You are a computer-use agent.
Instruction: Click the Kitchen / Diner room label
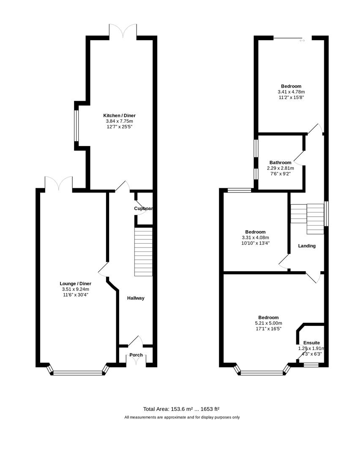tap(120, 116)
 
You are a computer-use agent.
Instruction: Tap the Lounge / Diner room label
tap(75, 284)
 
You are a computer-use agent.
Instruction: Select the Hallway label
tap(136, 298)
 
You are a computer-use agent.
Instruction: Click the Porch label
tap(136, 355)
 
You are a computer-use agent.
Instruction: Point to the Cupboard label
tap(143, 209)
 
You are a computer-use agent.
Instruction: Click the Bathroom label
tap(280, 162)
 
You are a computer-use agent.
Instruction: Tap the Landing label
tap(307, 246)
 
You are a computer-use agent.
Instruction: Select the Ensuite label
tap(311, 343)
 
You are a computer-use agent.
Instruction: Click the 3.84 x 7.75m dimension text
tap(120, 121)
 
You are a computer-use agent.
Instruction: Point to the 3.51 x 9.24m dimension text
tap(75, 289)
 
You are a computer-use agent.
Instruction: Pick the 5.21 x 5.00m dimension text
tap(268, 323)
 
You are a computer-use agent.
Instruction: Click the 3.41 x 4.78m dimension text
tap(291, 92)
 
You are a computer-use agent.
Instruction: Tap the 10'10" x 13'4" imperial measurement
tap(255, 243)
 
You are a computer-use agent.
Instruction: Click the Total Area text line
tap(181, 409)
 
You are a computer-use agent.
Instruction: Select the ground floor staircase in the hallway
tap(143, 252)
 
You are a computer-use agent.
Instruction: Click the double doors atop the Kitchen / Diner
tap(123, 30)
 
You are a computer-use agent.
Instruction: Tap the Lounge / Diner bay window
tap(78, 372)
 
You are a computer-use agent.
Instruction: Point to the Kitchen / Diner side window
tap(76, 125)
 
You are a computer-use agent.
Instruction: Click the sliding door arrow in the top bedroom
tap(302, 41)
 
